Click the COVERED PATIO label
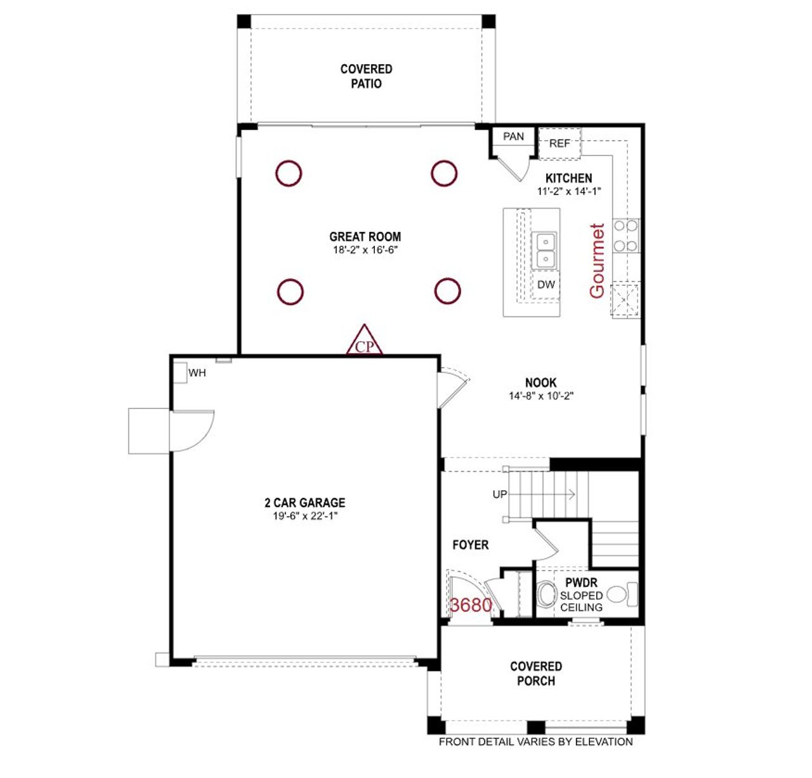click(366, 76)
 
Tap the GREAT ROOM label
click(365, 237)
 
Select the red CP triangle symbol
click(364, 342)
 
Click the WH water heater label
click(197, 373)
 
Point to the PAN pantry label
click(513, 136)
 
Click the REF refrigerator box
click(559, 143)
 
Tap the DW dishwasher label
click(546, 285)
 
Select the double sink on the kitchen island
click(545, 250)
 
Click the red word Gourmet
click(597, 261)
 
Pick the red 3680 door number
click(471, 605)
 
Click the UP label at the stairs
click(500, 494)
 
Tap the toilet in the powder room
click(546, 595)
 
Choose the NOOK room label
click(540, 382)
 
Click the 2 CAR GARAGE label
click(304, 502)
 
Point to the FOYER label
click(470, 545)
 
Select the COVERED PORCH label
click(536, 673)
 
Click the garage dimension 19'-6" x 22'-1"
click(304, 516)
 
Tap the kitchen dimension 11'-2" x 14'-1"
click(568, 191)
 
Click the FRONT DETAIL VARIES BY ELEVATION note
click(535, 741)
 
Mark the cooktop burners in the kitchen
click(625, 235)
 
